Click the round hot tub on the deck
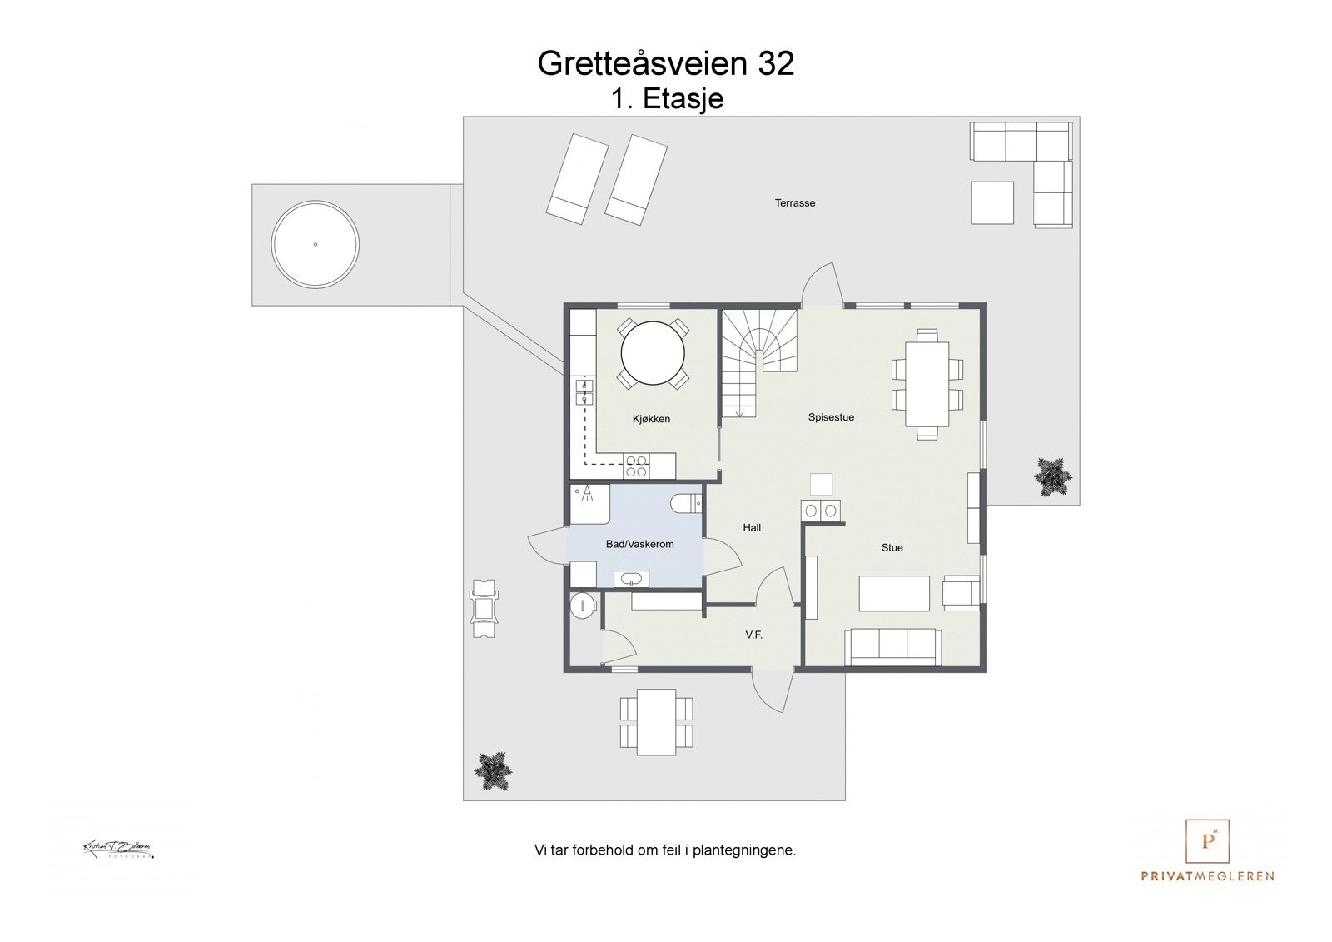click(316, 244)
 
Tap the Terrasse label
click(795, 202)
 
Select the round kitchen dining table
click(653, 353)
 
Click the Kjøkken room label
click(651, 419)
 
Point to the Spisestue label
click(831, 417)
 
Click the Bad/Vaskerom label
click(639, 544)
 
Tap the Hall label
click(752, 527)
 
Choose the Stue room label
click(892, 547)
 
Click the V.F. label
click(753, 635)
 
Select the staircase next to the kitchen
click(758, 358)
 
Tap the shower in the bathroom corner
click(589, 503)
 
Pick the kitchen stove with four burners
click(637, 466)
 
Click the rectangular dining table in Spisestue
click(927, 384)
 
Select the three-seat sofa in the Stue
click(892, 647)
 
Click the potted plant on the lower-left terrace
click(493, 772)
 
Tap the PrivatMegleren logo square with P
click(1207, 842)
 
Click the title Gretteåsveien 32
click(666, 63)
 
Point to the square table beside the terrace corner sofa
click(992, 202)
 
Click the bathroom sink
click(630, 579)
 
